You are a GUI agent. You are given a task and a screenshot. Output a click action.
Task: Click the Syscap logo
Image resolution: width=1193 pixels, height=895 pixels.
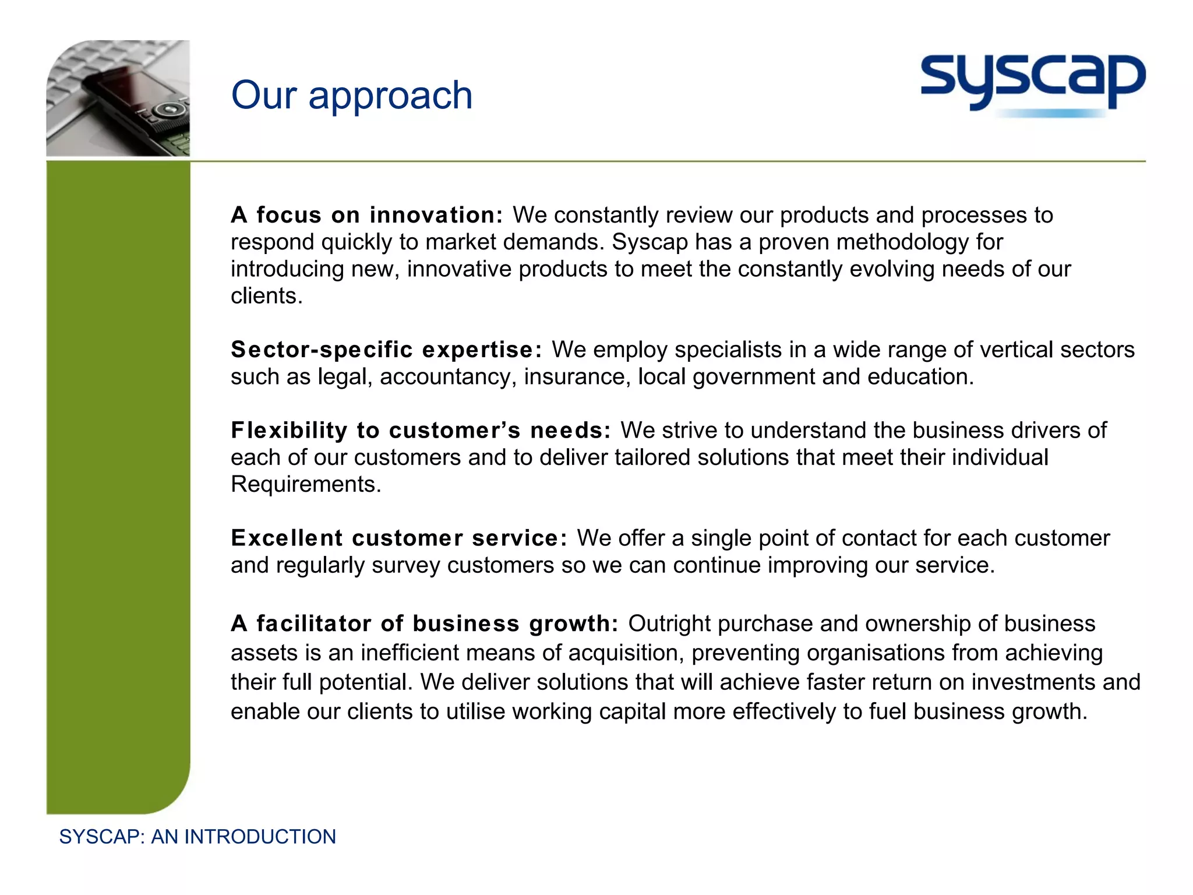(x=1032, y=83)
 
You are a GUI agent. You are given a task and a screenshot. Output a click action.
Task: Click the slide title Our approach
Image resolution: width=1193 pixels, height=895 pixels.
(x=351, y=95)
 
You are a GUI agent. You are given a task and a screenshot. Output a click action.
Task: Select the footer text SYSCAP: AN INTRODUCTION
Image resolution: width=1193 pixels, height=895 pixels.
(x=197, y=837)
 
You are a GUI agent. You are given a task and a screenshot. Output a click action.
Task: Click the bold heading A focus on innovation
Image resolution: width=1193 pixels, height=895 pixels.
(x=366, y=215)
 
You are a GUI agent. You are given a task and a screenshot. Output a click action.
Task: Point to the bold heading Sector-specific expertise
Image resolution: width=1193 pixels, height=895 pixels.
(x=386, y=350)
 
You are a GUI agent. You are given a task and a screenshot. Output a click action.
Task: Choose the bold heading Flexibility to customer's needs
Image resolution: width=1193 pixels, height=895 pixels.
(x=421, y=430)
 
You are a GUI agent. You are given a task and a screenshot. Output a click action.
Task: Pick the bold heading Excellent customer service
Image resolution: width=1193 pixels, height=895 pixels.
(x=398, y=538)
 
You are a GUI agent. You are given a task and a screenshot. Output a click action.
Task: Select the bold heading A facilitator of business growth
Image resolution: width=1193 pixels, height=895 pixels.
(x=424, y=623)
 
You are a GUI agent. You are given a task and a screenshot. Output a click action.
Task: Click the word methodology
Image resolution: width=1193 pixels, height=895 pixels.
(x=901, y=242)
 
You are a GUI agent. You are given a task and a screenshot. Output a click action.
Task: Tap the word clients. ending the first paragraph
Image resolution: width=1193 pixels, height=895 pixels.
(x=267, y=296)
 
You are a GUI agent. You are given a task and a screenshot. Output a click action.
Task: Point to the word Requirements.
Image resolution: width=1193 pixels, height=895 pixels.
(x=306, y=484)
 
